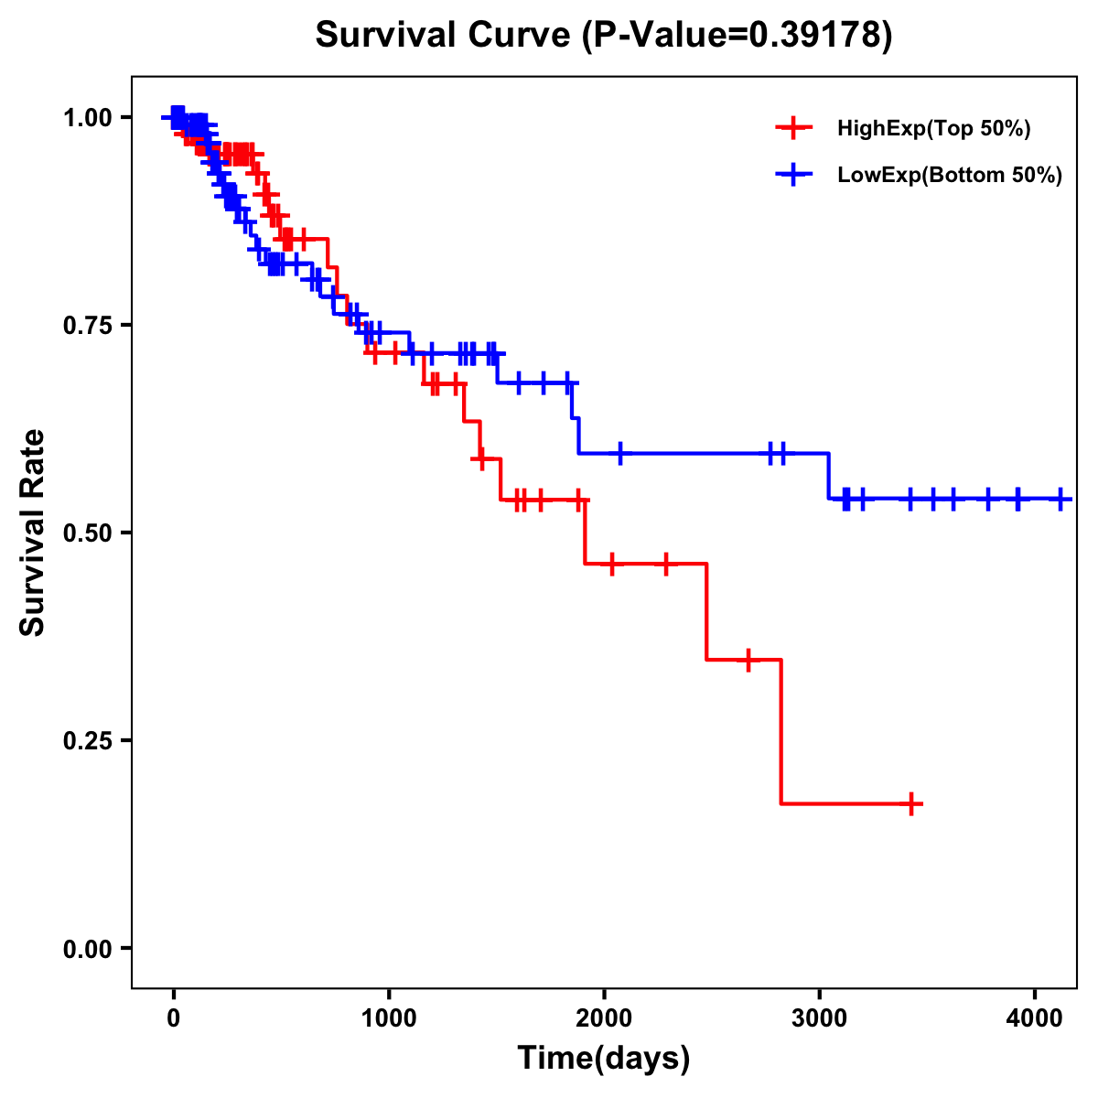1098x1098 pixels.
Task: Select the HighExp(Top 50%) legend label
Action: point(934,129)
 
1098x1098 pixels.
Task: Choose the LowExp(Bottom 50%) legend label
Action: point(950,176)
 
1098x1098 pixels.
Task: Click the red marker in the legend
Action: point(793,128)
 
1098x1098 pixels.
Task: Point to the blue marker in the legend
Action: point(793,175)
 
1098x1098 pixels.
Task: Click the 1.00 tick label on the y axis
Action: point(87,117)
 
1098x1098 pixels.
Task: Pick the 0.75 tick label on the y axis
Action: point(87,325)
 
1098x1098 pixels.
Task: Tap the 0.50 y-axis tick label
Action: point(87,533)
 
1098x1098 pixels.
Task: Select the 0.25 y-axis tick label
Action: point(87,740)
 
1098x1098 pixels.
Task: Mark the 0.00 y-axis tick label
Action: point(87,948)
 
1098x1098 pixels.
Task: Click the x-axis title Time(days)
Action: point(604,1059)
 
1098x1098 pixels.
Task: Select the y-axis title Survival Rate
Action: point(33,533)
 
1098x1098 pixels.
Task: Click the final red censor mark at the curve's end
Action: point(911,804)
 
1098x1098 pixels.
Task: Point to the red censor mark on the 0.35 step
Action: point(748,660)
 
